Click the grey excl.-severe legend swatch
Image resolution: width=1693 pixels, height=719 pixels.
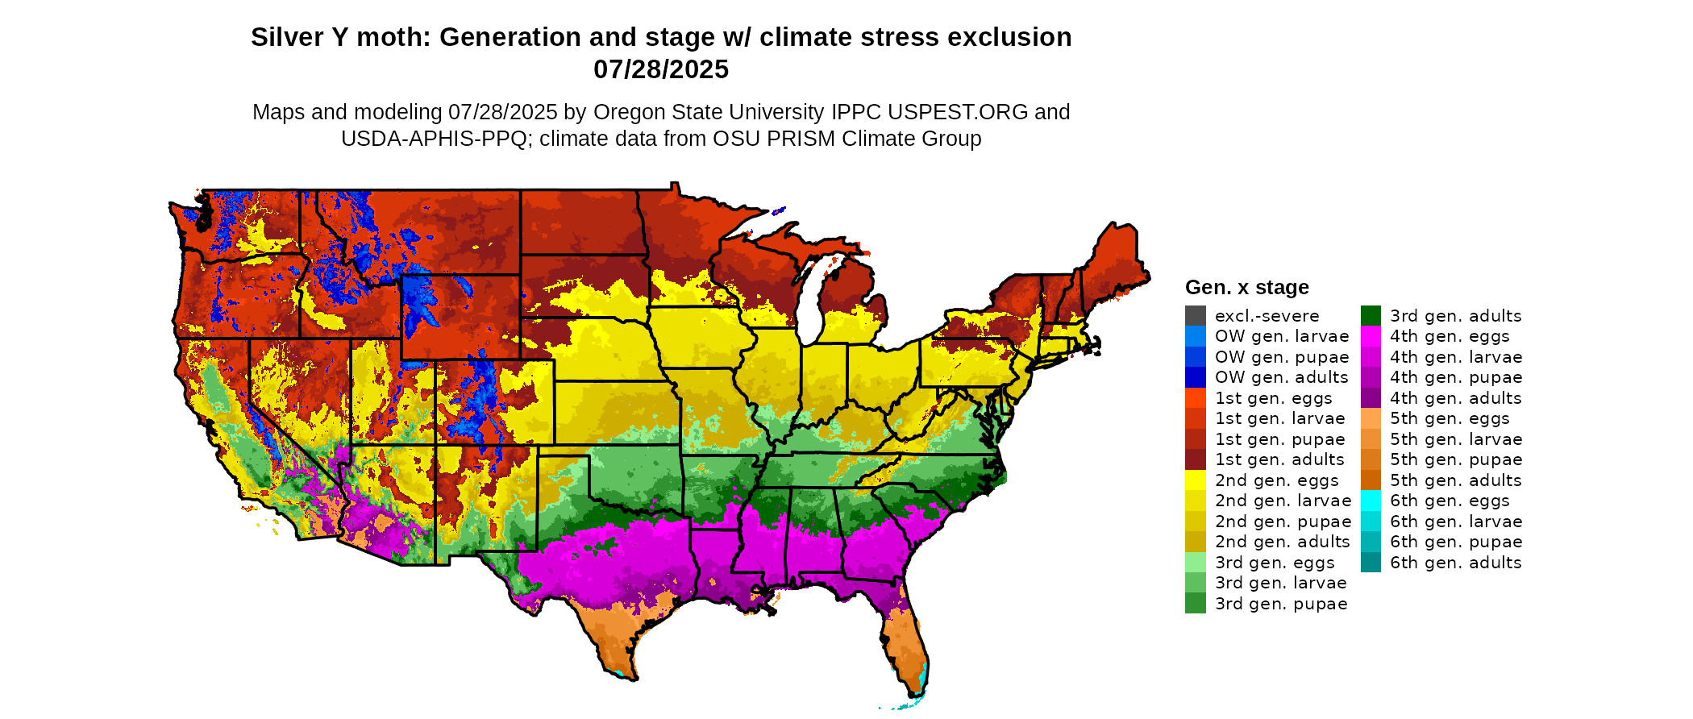pyautogui.click(x=1195, y=316)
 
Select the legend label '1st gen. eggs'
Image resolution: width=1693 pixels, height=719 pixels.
pyautogui.click(x=1273, y=398)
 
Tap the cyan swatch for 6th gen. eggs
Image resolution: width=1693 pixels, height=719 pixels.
pyautogui.click(x=1371, y=501)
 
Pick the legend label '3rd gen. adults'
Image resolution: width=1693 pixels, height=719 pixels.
pyautogui.click(x=1455, y=316)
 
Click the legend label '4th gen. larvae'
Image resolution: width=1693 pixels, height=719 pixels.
pyautogui.click(x=1455, y=357)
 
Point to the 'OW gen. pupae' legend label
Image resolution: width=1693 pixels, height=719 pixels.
pyautogui.click(x=1281, y=357)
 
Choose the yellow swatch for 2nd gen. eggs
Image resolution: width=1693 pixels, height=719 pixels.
pyautogui.click(x=1195, y=480)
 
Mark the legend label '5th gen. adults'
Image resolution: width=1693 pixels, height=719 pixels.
pyautogui.click(x=1455, y=480)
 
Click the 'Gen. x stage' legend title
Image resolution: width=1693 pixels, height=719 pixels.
pyautogui.click(x=1246, y=287)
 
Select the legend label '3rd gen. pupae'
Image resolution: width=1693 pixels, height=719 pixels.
pyautogui.click(x=1280, y=604)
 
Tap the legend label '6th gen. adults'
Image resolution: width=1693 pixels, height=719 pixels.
pyautogui.click(x=1455, y=563)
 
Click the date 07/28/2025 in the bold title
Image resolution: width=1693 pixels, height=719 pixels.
pyautogui.click(x=660, y=69)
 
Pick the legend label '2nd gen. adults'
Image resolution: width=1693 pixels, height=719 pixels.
pyautogui.click(x=1282, y=542)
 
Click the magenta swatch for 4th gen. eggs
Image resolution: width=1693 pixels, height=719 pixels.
pyautogui.click(x=1371, y=336)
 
